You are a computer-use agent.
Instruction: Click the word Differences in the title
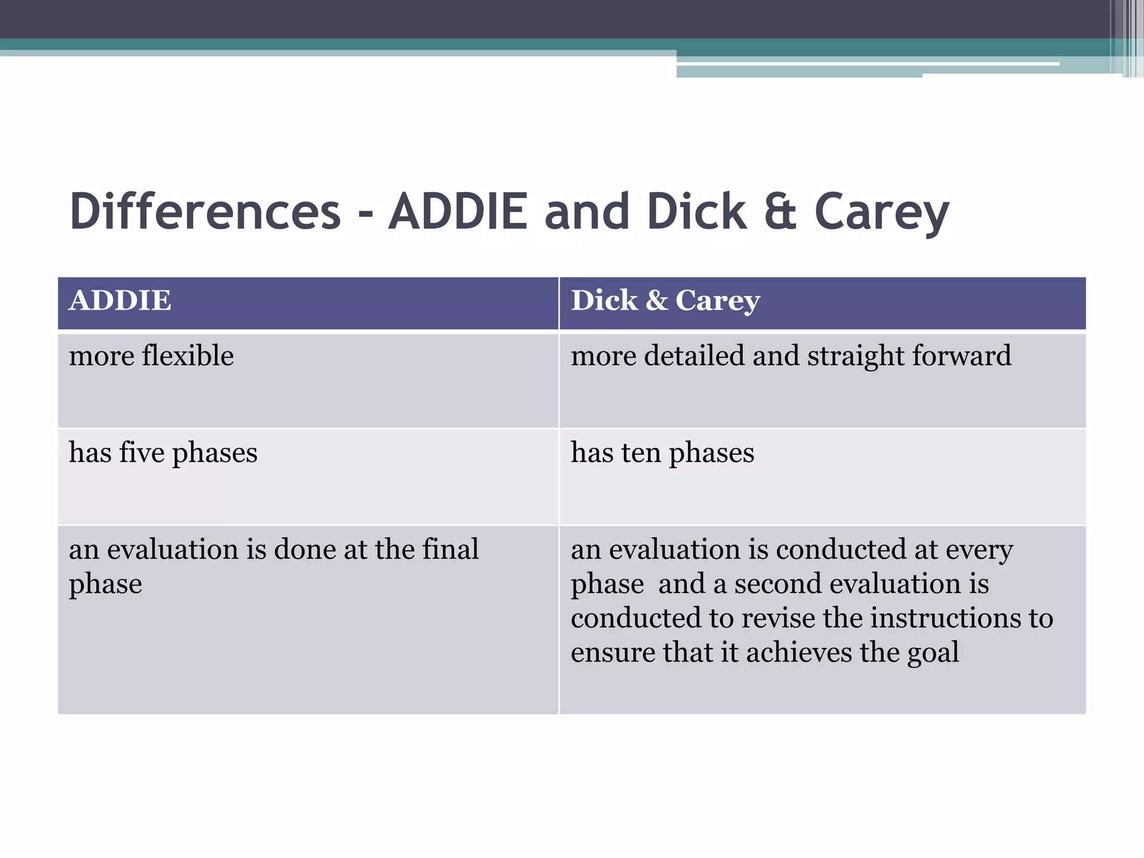tap(205, 212)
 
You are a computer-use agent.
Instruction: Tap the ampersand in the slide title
tap(780, 212)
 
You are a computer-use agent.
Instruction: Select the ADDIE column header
tap(120, 301)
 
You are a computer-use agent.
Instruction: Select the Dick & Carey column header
tap(665, 301)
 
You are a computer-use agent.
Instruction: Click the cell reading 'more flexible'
tap(151, 356)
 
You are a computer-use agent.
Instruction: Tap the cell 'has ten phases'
tap(662, 453)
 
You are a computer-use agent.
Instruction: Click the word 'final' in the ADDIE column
tap(450, 549)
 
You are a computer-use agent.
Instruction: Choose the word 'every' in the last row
tap(979, 550)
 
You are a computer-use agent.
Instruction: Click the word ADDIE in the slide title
tap(458, 212)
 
